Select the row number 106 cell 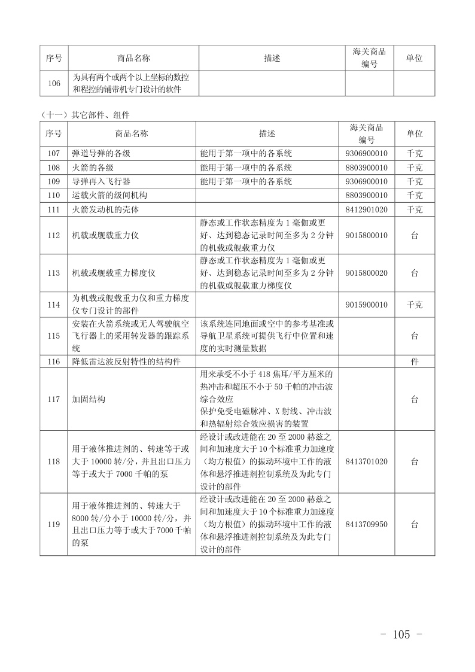54,83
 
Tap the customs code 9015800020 366,273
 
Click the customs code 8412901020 366,209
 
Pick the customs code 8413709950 366,524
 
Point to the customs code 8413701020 366,461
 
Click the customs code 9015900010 366,305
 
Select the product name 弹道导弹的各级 98,153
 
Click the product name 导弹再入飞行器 98,181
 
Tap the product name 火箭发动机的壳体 102,209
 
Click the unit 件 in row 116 415,361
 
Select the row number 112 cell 53,235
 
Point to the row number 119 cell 53,524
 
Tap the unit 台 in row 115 415,336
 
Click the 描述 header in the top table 272,58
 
